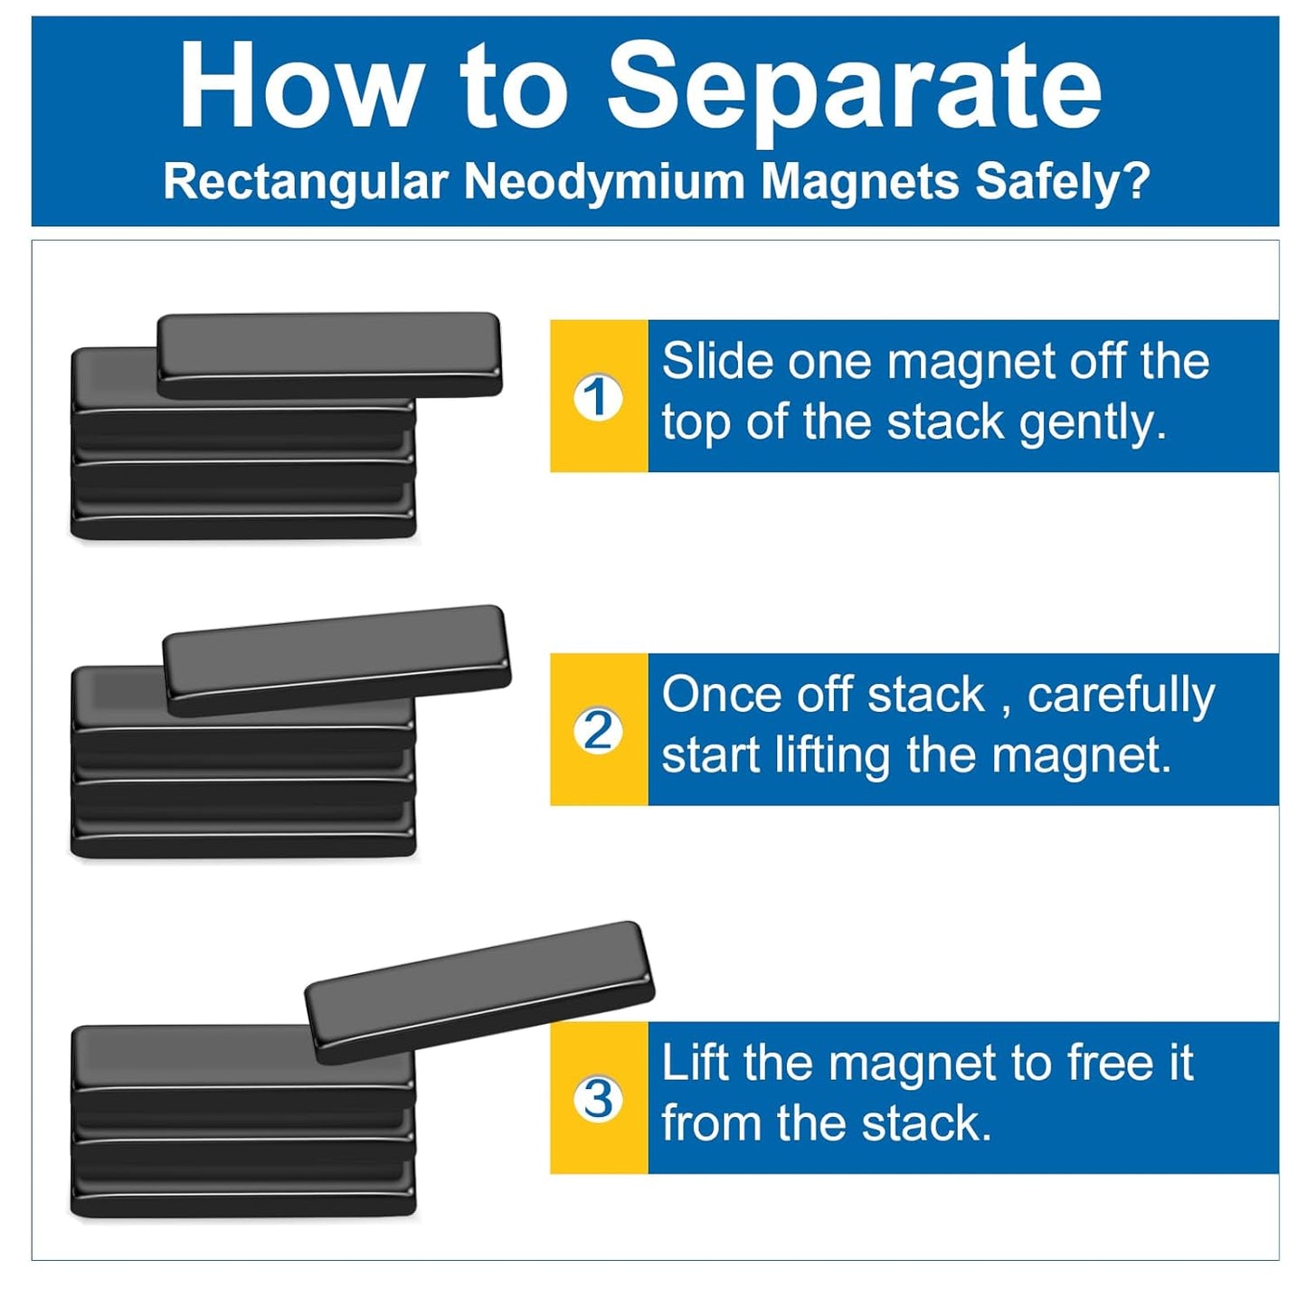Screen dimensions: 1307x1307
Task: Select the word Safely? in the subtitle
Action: (x=1061, y=183)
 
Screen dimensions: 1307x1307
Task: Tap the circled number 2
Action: (x=598, y=732)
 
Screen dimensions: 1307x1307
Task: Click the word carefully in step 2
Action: (x=1122, y=696)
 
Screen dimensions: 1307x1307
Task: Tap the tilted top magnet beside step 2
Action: (x=337, y=660)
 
